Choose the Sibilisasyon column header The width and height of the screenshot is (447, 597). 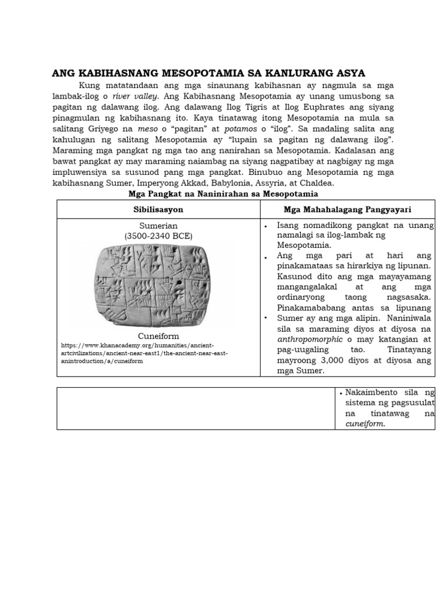pos(158,208)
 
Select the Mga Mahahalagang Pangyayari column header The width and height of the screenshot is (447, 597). pos(347,208)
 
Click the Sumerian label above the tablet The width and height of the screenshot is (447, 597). pos(158,226)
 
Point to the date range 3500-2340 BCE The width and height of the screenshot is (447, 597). pos(158,236)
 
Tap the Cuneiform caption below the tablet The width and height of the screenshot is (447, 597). pos(158,336)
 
